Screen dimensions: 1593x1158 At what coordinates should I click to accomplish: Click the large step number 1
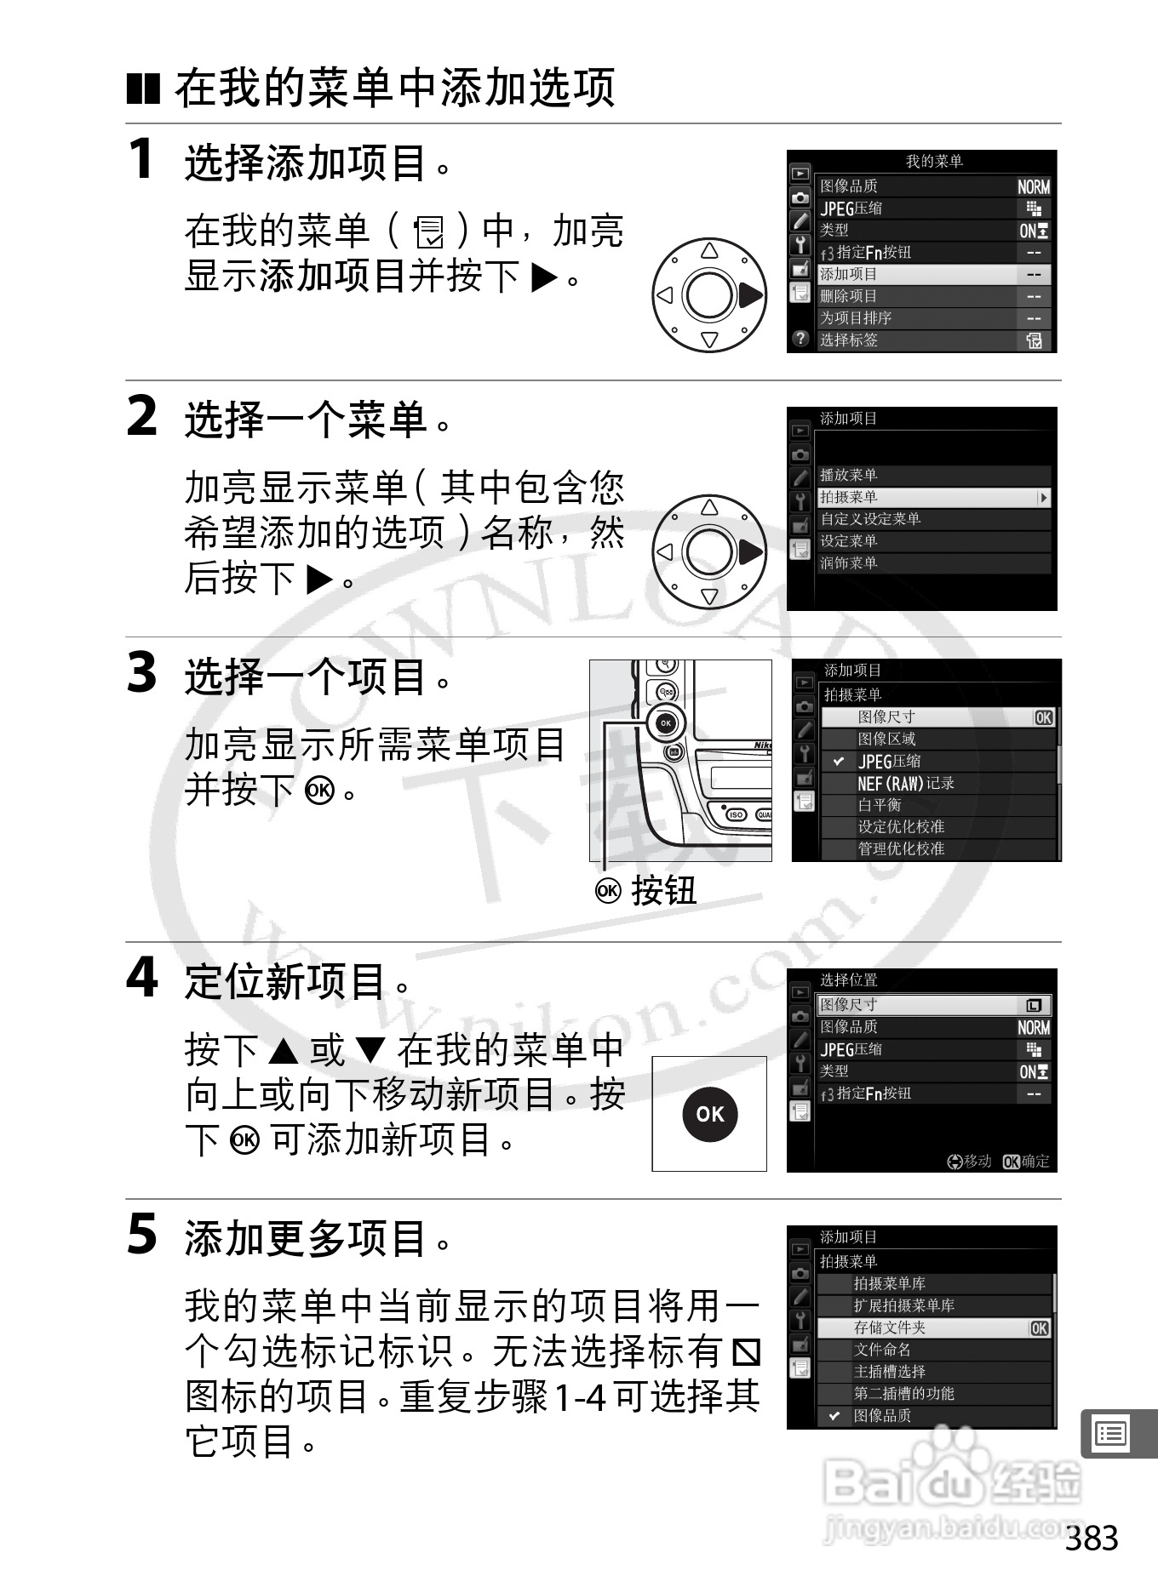coord(141,159)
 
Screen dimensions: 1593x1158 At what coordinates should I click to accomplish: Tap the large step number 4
coord(142,978)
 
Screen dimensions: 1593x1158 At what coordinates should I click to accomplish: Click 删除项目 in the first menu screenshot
coord(849,296)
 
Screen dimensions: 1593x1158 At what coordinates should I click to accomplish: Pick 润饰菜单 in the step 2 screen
coord(849,563)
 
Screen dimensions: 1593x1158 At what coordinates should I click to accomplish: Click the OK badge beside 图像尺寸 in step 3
coord(1044,717)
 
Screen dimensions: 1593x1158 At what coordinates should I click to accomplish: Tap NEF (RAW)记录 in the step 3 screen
coord(906,783)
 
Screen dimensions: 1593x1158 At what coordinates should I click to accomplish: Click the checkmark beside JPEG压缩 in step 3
coord(839,762)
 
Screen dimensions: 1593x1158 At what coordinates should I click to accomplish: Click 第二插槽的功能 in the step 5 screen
coord(904,1394)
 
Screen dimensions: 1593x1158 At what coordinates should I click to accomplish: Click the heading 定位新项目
coord(284,982)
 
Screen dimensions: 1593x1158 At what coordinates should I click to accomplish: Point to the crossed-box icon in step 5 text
coord(747,1351)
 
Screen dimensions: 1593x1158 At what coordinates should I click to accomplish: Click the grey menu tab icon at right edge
coord(1113,1434)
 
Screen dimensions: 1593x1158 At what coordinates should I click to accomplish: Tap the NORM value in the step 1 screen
coord(1034,187)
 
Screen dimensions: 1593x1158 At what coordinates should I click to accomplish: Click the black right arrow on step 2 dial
coord(750,552)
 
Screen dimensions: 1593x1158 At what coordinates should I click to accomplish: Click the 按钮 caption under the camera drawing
coord(664,891)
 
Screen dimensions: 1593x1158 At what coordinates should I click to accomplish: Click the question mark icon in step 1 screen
coord(800,339)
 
